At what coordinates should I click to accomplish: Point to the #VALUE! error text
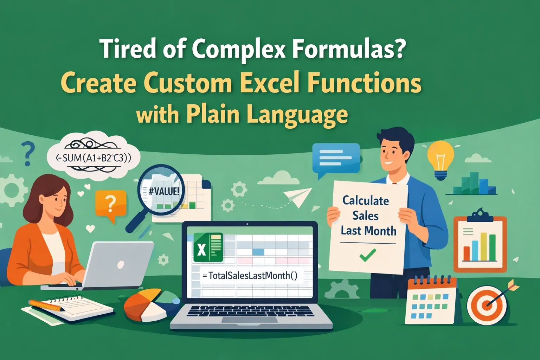(x=164, y=192)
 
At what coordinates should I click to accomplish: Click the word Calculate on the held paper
(x=366, y=201)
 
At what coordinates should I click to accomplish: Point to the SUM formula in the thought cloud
(x=94, y=158)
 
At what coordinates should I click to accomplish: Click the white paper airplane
(x=297, y=198)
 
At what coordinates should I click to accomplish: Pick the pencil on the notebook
(x=46, y=305)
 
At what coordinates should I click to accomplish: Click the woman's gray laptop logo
(x=120, y=264)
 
